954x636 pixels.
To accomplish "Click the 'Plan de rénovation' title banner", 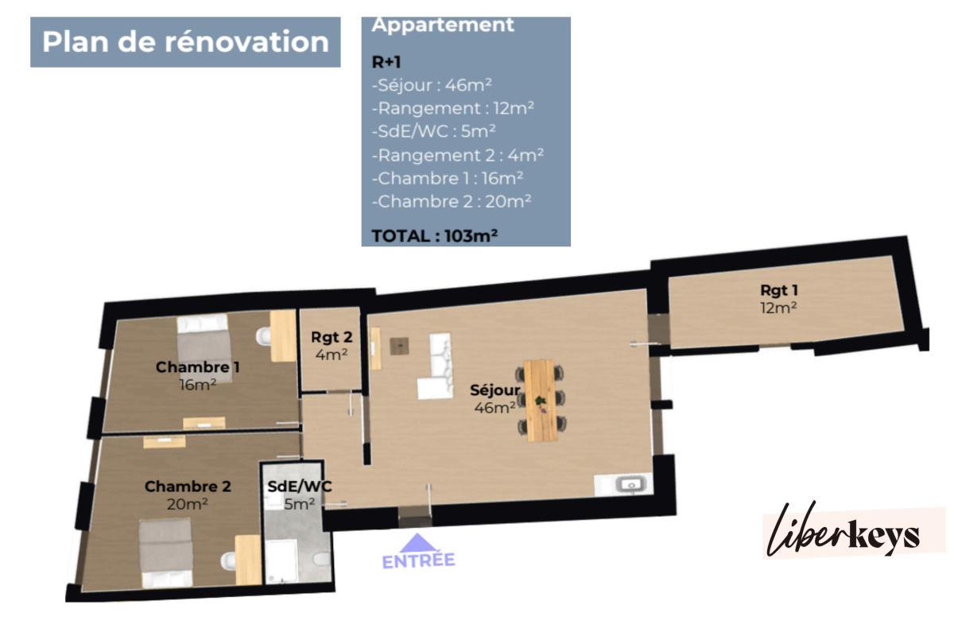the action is coord(185,42).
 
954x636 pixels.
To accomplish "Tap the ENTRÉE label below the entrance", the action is coord(419,561).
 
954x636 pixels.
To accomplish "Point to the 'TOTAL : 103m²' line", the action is coord(434,235).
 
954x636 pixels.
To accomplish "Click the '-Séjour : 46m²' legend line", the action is coord(432,85).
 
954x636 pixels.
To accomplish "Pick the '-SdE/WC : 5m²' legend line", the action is coord(433,131).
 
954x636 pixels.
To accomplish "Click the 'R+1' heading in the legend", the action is coord(386,62).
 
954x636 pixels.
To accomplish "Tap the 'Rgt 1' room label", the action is coord(779,290).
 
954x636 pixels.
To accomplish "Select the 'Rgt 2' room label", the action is coord(332,337).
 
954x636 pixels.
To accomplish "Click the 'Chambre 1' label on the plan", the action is coord(198,367).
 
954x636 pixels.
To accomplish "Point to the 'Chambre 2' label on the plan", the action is coord(188,487).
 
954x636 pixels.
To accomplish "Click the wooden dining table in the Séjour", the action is coord(541,400).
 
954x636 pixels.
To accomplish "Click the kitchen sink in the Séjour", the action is coord(631,484).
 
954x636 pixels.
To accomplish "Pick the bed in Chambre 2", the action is coord(166,553).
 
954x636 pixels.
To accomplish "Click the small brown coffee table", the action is coord(399,346).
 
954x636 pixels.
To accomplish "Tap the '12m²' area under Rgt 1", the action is coord(778,308).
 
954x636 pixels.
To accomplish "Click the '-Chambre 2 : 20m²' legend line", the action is coord(452,201).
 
